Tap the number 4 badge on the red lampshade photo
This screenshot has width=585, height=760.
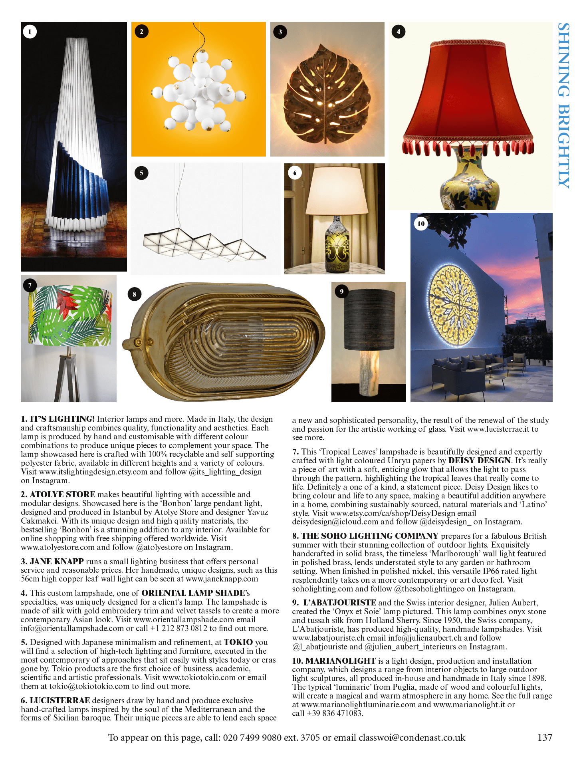[398, 32]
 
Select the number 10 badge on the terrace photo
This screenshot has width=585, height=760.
[421, 224]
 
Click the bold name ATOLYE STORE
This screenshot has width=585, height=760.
[62, 494]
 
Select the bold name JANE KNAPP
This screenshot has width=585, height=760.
[57, 562]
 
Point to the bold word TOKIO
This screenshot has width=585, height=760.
[238, 642]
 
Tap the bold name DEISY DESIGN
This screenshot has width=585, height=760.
[479, 460]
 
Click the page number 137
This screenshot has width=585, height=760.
[545, 738]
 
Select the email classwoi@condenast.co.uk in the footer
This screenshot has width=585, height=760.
[412, 738]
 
